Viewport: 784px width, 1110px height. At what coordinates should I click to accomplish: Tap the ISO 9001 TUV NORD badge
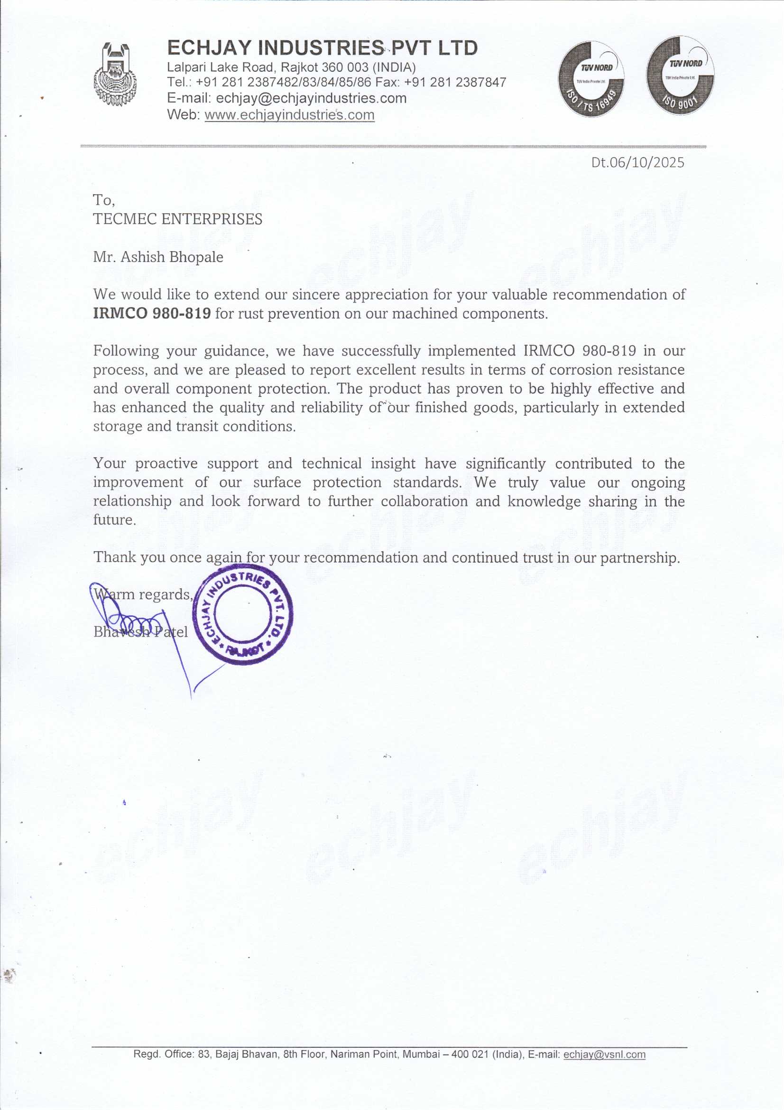click(680, 76)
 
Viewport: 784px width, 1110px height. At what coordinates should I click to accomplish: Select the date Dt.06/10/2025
click(637, 162)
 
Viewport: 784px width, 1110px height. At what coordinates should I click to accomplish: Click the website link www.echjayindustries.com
click(289, 115)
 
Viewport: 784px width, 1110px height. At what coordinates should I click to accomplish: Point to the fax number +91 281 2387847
click(455, 82)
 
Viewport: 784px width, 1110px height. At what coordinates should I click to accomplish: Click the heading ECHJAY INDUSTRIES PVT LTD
click(322, 48)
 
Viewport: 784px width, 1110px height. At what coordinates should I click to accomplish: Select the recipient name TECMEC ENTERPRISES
click(177, 219)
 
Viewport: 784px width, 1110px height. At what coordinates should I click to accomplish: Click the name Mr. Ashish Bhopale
click(158, 257)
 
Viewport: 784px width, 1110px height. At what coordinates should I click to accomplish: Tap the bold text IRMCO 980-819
click(152, 313)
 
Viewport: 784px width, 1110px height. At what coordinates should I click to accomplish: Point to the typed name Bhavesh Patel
click(140, 632)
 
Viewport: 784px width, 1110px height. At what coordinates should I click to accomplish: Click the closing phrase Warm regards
click(143, 594)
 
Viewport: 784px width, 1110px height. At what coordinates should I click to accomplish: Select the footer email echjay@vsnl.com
click(604, 1054)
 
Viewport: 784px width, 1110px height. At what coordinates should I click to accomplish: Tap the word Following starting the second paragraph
click(126, 350)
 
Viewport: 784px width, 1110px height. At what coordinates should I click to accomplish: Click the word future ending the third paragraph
click(114, 520)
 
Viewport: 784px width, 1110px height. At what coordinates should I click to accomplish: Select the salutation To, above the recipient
click(103, 200)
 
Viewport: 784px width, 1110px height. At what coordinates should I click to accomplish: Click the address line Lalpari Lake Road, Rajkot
click(291, 67)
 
